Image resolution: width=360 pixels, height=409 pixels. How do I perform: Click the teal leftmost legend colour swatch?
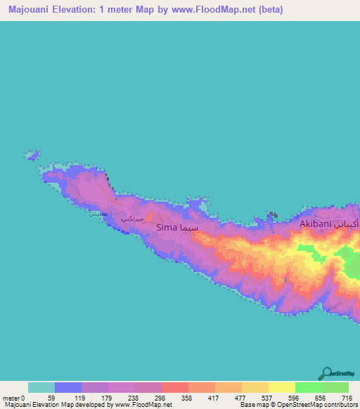[x=41, y=387]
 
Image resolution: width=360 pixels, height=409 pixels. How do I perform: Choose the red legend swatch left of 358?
[x=174, y=387]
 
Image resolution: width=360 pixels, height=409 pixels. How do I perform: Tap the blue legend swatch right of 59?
[x=68, y=387]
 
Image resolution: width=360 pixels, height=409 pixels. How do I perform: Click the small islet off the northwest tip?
[x=32, y=154]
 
